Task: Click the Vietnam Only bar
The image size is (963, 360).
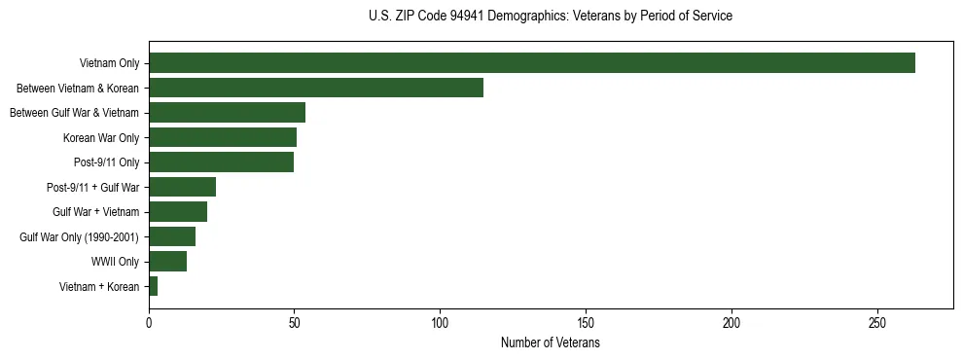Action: [x=532, y=63]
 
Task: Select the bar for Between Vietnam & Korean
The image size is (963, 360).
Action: [x=316, y=88]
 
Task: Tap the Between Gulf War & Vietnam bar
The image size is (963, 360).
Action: [x=227, y=113]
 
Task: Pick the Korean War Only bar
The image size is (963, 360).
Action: [x=223, y=137]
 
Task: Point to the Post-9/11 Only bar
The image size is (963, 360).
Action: [x=221, y=162]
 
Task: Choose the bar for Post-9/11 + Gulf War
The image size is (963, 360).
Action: [x=182, y=187]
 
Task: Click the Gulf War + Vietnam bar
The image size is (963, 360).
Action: [x=178, y=211]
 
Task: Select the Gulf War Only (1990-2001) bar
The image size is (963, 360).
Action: [x=172, y=236]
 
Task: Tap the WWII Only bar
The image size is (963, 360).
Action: [x=167, y=261]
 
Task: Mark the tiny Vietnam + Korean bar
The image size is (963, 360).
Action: [x=153, y=286]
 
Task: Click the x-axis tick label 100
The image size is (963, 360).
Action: [x=441, y=323]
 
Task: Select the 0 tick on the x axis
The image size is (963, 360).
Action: [x=149, y=323]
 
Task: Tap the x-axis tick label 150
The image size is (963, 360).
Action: [x=587, y=323]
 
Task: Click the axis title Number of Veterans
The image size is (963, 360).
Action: [x=550, y=343]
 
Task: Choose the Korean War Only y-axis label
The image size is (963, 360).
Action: [x=101, y=138]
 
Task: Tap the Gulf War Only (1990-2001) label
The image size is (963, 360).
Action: [x=80, y=236]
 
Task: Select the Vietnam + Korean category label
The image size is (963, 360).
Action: [x=99, y=286]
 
